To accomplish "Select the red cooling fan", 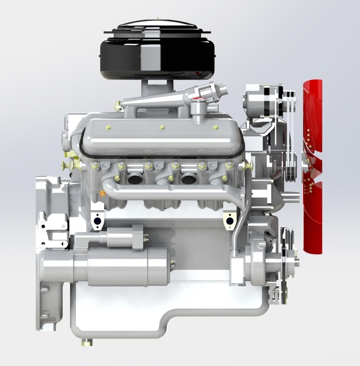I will tap(312, 166).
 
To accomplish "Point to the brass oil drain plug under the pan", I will tap(87, 343).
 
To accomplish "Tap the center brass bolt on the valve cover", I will tap(162, 127).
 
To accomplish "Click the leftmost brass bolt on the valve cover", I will tap(108, 127).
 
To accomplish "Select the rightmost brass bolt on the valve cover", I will tap(215, 127).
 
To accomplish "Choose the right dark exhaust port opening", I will tap(188, 178).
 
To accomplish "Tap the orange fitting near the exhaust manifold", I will tap(102, 193).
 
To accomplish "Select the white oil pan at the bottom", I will tap(153, 305).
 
